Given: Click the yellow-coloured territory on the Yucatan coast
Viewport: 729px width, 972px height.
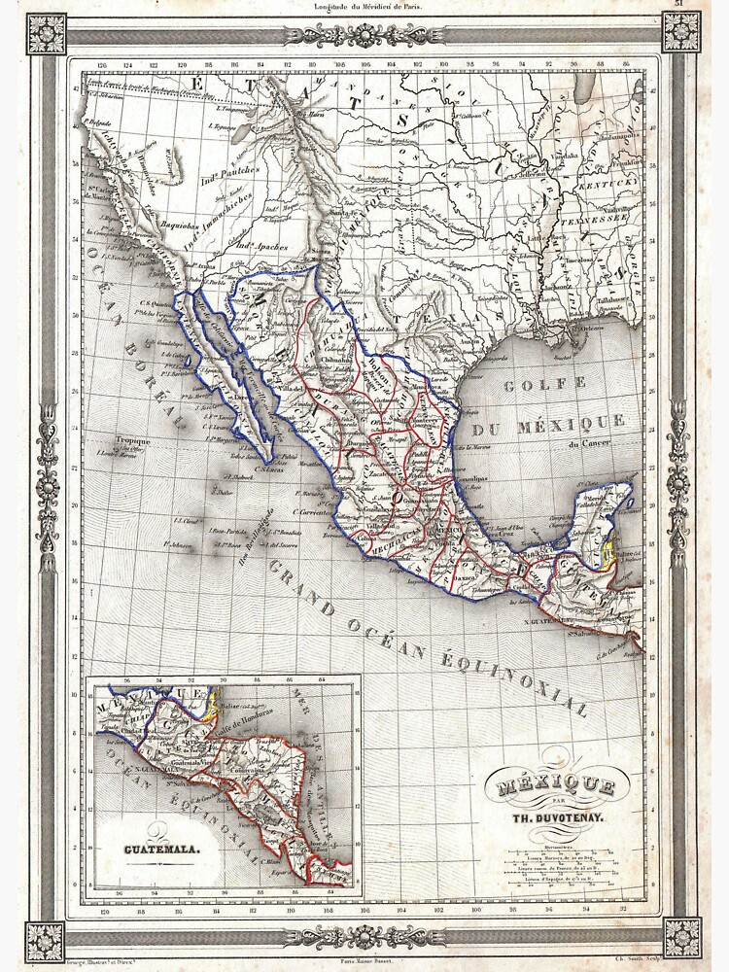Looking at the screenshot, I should tap(610, 556).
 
